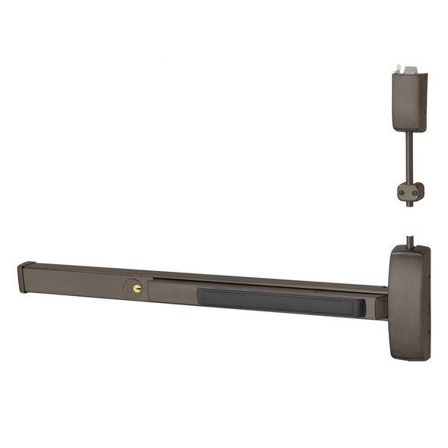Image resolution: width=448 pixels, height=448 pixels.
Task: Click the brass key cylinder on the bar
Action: click(x=137, y=289)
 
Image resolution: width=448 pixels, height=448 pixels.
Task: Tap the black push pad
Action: click(x=281, y=301)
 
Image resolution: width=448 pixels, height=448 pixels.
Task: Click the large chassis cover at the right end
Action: click(x=409, y=301)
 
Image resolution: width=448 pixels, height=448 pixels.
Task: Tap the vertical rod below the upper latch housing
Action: click(x=409, y=156)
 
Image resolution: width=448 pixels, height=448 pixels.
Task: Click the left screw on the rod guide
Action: click(x=402, y=194)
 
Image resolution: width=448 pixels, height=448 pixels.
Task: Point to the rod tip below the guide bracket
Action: click(x=410, y=203)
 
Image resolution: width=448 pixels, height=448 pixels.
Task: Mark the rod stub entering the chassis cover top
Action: click(x=410, y=241)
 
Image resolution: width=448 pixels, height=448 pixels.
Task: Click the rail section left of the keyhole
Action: click(x=76, y=282)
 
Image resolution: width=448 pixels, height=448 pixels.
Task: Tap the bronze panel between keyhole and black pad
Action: click(x=173, y=292)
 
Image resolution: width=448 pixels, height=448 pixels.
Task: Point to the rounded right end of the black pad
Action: click(x=361, y=307)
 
